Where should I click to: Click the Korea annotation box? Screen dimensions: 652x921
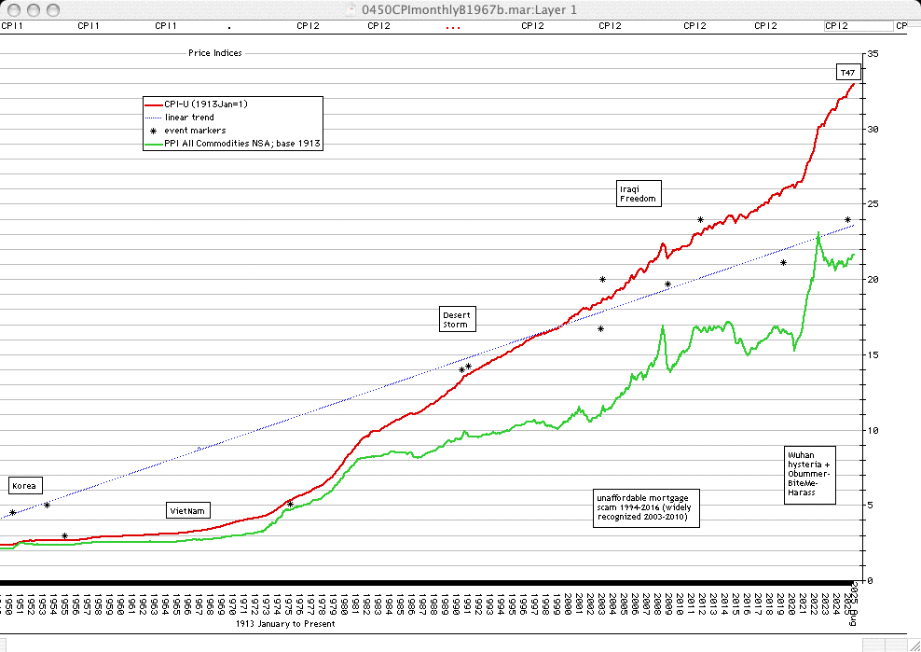(x=25, y=486)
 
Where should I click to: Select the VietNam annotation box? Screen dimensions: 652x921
(x=187, y=511)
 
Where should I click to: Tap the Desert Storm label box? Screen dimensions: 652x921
(x=457, y=319)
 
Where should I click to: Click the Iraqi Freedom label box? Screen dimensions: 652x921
(x=639, y=193)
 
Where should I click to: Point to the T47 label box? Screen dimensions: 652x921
(x=847, y=72)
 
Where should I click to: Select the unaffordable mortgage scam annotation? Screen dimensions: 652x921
(x=648, y=507)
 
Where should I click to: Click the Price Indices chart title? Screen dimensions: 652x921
(x=214, y=53)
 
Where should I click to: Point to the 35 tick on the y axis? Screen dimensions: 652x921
(x=873, y=53)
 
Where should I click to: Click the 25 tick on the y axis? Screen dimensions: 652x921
(x=873, y=204)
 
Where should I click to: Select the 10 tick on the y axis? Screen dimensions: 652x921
(x=873, y=430)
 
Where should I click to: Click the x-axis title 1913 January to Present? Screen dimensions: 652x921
(x=284, y=624)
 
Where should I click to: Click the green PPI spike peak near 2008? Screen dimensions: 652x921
(x=662, y=326)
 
